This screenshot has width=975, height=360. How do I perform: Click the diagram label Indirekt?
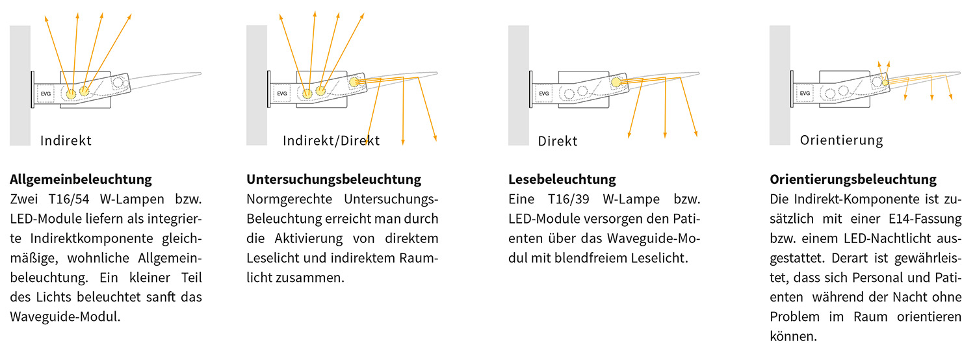66,140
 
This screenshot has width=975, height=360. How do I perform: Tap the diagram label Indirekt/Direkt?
331,140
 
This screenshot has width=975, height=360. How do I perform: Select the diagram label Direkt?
558,141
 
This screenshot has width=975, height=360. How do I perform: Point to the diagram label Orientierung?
841,140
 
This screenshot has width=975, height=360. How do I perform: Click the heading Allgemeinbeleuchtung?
81,179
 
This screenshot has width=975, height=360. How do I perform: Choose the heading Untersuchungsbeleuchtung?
334,179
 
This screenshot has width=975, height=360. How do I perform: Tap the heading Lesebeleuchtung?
562,179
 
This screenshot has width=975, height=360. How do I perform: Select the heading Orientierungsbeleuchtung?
853,179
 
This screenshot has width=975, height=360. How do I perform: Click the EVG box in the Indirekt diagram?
45,94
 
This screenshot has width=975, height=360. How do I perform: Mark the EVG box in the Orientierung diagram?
805,93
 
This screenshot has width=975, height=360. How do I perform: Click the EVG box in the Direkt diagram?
543,94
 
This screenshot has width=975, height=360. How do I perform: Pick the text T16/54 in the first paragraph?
69,199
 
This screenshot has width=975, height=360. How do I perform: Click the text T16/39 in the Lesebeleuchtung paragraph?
569,199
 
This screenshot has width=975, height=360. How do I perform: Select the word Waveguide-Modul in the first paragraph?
64,317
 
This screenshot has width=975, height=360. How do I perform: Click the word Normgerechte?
289,199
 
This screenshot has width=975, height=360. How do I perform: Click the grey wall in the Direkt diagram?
519,85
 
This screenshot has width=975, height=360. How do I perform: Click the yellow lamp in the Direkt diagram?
616,83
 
